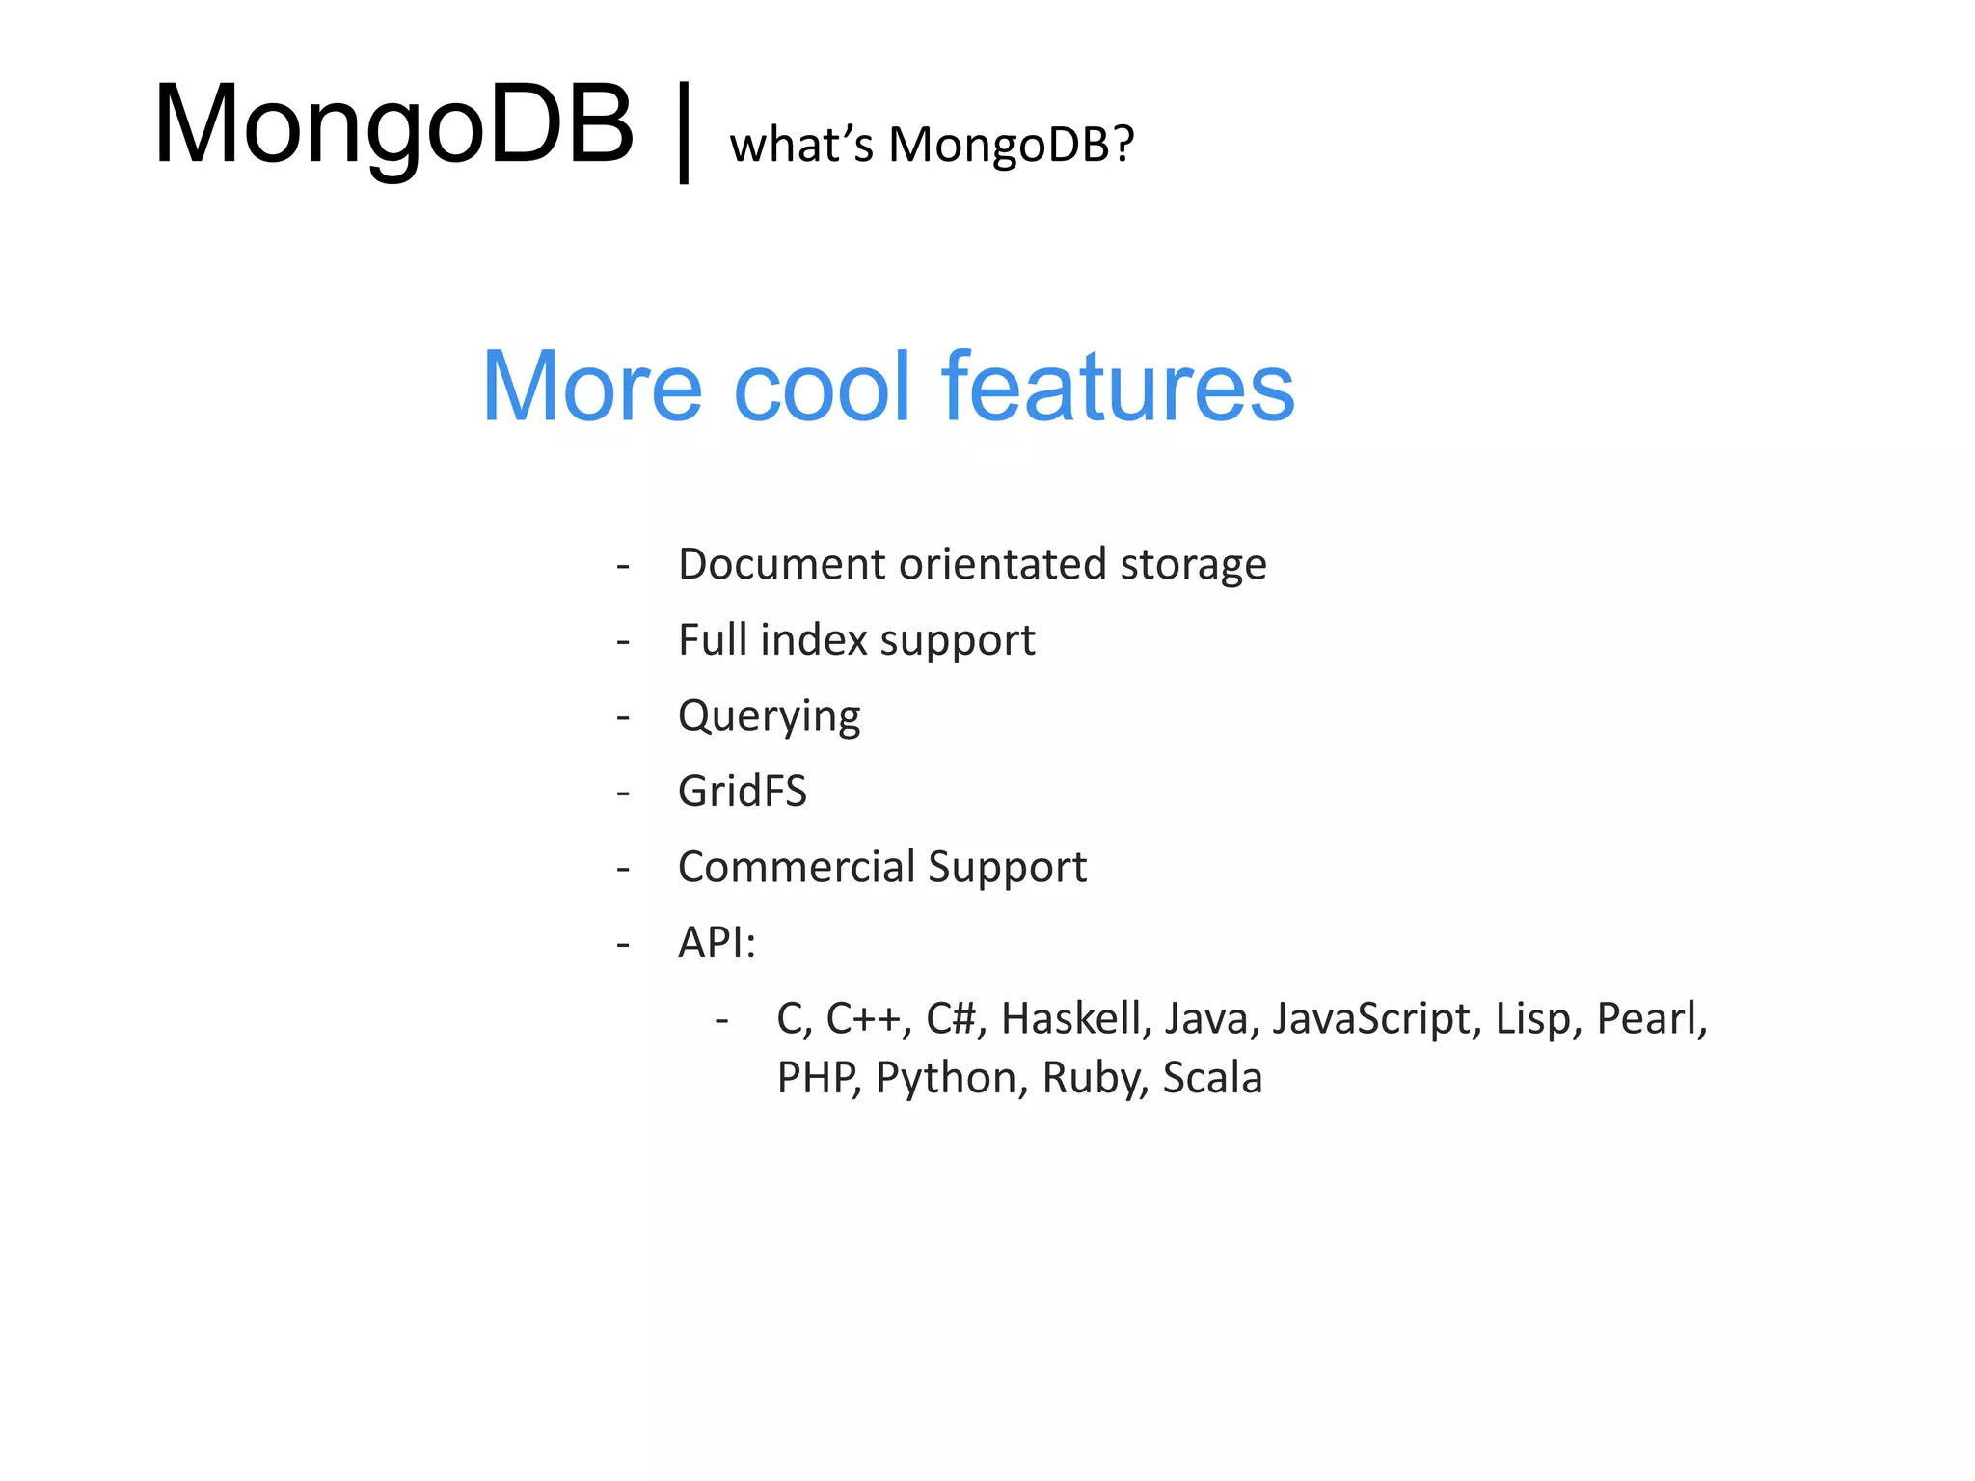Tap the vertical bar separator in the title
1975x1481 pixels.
(x=684, y=132)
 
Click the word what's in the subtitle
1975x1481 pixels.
(x=800, y=146)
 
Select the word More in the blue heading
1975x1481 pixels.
(x=592, y=387)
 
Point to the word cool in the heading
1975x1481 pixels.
(x=822, y=387)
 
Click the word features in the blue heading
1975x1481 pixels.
(x=1118, y=387)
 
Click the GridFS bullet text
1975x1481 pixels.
(x=742, y=792)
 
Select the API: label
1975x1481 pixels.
(x=717, y=943)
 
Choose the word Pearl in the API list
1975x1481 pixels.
(x=1650, y=1019)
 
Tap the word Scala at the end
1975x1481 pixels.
(x=1212, y=1078)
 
